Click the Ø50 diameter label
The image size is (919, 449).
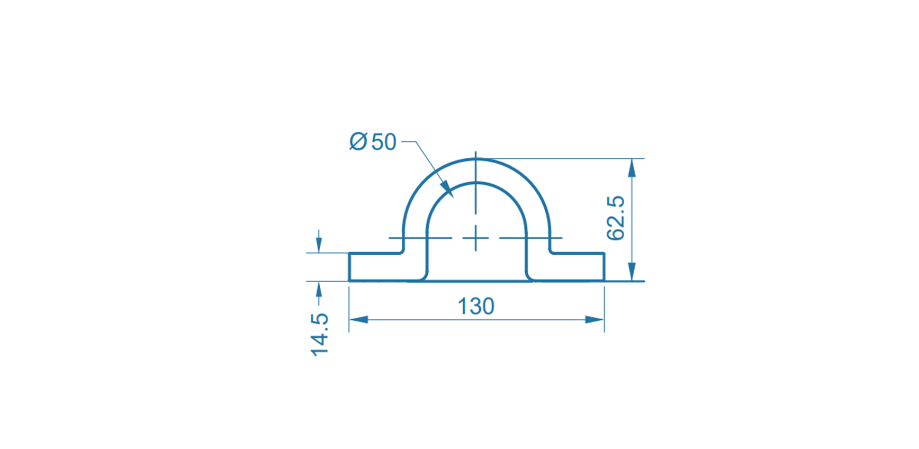click(373, 142)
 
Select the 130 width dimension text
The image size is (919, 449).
click(476, 307)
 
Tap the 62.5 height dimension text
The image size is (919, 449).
click(616, 218)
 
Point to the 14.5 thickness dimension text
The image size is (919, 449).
click(320, 335)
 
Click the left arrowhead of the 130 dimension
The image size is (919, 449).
click(358, 320)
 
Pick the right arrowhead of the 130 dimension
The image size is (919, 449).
click(594, 320)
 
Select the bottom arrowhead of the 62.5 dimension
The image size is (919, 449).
click(632, 272)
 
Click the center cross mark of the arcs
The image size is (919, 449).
click(476, 238)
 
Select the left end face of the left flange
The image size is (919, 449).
click(349, 267)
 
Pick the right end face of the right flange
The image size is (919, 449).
click(604, 267)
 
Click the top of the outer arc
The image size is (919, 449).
click(476, 159)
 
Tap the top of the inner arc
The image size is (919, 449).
click(476, 183)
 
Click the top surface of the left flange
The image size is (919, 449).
click(375, 254)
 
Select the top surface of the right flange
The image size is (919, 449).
click(578, 254)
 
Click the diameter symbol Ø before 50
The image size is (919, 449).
click(358, 142)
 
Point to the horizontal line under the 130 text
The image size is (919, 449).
click(476, 320)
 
